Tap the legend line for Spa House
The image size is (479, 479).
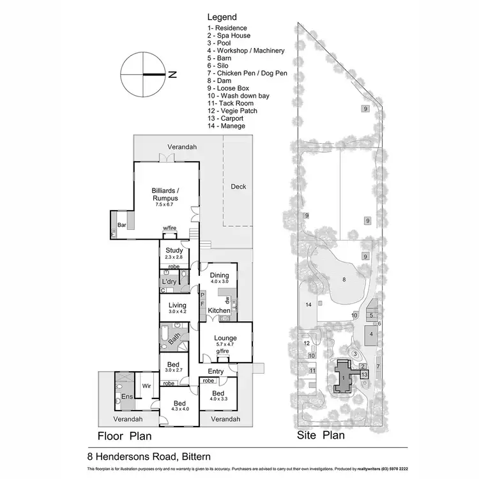(x=228, y=36)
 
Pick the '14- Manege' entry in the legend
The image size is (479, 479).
(x=226, y=126)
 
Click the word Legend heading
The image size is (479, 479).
(x=222, y=17)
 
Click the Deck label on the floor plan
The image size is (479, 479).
(x=238, y=186)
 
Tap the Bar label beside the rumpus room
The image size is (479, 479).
(x=122, y=224)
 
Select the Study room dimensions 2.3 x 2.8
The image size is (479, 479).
(x=174, y=257)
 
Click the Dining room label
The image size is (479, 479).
(x=220, y=274)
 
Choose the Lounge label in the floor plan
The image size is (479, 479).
(x=225, y=338)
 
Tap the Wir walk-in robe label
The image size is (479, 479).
(x=146, y=386)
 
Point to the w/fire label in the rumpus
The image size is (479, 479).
(x=169, y=228)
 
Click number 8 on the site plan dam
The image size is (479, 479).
(x=344, y=279)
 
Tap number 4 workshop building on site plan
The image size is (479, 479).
(x=370, y=333)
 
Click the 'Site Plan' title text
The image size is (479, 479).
(x=321, y=436)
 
